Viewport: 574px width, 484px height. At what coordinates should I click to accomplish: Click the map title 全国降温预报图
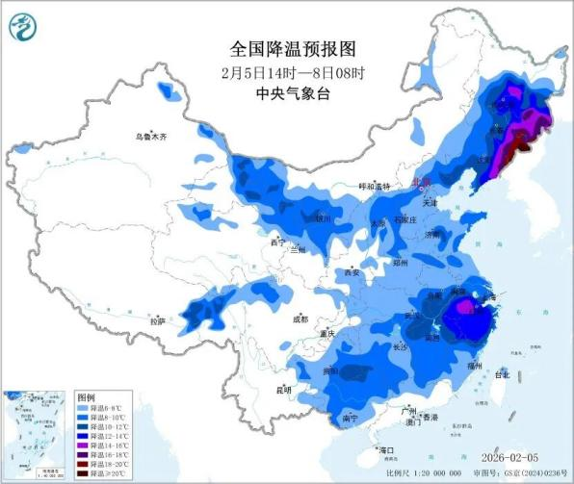(287, 47)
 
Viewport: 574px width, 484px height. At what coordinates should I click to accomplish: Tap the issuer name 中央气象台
(287, 92)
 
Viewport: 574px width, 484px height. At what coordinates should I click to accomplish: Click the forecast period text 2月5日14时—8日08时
(287, 70)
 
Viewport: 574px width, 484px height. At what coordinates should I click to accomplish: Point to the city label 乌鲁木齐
(150, 138)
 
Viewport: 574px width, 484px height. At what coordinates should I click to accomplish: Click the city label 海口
(386, 450)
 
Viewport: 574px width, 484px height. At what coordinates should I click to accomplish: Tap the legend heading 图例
(88, 397)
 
